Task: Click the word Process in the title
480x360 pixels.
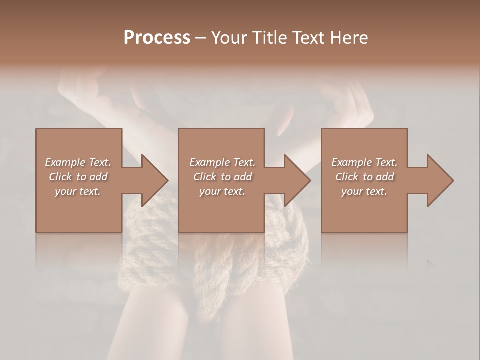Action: (157, 38)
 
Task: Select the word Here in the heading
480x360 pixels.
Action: (348, 38)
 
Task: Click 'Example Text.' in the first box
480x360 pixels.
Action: (78, 162)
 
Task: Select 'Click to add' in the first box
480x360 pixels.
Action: (78, 177)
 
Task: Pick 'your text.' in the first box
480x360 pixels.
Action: (78, 191)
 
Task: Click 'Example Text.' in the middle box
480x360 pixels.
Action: (222, 162)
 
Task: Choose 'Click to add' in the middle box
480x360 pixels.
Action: (222, 177)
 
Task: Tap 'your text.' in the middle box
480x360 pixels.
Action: (222, 191)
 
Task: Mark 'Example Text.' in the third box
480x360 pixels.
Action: (364, 162)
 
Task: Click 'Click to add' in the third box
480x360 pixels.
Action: (364, 177)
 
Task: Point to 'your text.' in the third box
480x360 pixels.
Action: (364, 191)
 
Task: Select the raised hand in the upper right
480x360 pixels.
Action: (350, 100)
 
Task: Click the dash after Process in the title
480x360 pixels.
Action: (200, 38)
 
